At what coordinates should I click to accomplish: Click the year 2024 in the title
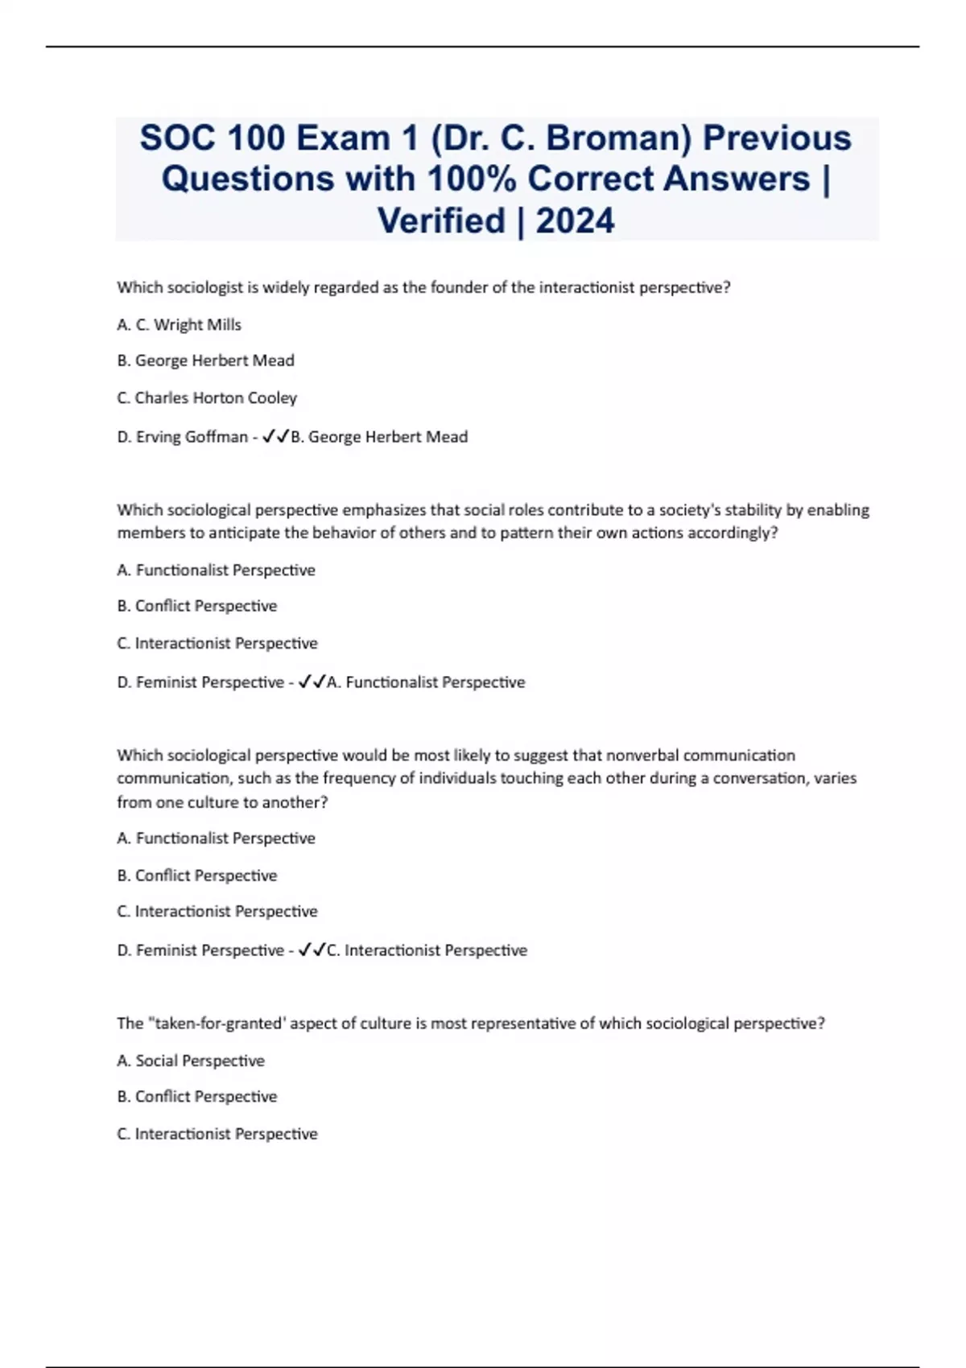point(575,220)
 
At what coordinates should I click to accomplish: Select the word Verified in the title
point(441,220)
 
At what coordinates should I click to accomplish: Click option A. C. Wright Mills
point(179,324)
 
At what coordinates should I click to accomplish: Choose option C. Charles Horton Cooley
point(207,398)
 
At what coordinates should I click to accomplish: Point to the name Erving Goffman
point(192,436)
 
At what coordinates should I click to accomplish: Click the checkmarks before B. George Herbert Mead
point(275,436)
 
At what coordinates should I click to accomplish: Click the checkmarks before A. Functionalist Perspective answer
point(312,682)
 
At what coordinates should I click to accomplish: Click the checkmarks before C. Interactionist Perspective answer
point(312,950)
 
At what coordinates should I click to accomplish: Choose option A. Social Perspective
point(191,1061)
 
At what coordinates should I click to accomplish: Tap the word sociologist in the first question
point(204,287)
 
